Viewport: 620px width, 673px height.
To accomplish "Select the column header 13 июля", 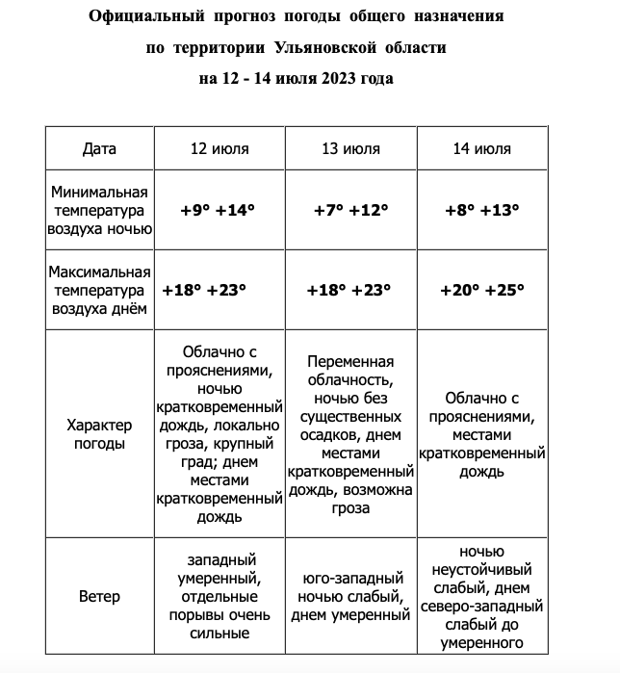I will click(x=350, y=149).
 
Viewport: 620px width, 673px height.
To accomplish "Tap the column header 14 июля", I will click(x=481, y=149).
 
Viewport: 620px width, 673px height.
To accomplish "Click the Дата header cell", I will click(x=99, y=149).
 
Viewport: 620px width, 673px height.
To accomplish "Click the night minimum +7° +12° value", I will click(x=350, y=210).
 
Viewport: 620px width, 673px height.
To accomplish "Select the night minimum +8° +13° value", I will click(x=481, y=210).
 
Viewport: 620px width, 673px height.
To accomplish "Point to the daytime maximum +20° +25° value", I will click(x=481, y=290).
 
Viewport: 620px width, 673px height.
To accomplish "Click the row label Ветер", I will click(x=99, y=596).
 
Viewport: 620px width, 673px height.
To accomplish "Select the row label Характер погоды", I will click(x=99, y=434).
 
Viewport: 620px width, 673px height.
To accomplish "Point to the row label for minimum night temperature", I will click(x=99, y=210).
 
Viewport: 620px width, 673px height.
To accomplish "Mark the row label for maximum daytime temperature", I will click(x=99, y=290).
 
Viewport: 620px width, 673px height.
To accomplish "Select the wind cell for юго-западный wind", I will click(x=350, y=597).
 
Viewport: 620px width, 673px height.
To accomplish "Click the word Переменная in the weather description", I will click(x=350, y=362).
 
